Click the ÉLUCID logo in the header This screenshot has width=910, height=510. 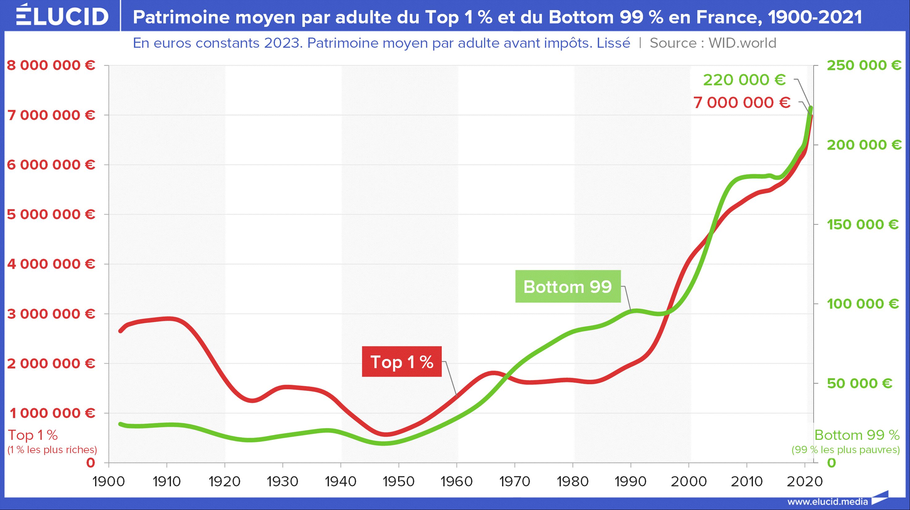click(x=62, y=15)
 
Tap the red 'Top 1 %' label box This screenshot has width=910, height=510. click(x=402, y=362)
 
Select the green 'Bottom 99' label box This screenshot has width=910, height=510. click(x=568, y=286)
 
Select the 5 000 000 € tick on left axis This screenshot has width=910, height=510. click(x=51, y=214)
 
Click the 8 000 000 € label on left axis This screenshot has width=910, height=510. click(x=51, y=65)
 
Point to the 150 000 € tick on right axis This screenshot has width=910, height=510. click(x=863, y=224)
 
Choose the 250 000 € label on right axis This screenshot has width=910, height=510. click(x=864, y=65)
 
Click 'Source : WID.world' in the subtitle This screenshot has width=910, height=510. click(x=713, y=43)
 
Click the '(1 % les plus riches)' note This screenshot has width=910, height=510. click(x=52, y=449)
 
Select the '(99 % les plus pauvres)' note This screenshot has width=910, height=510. click(x=845, y=449)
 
